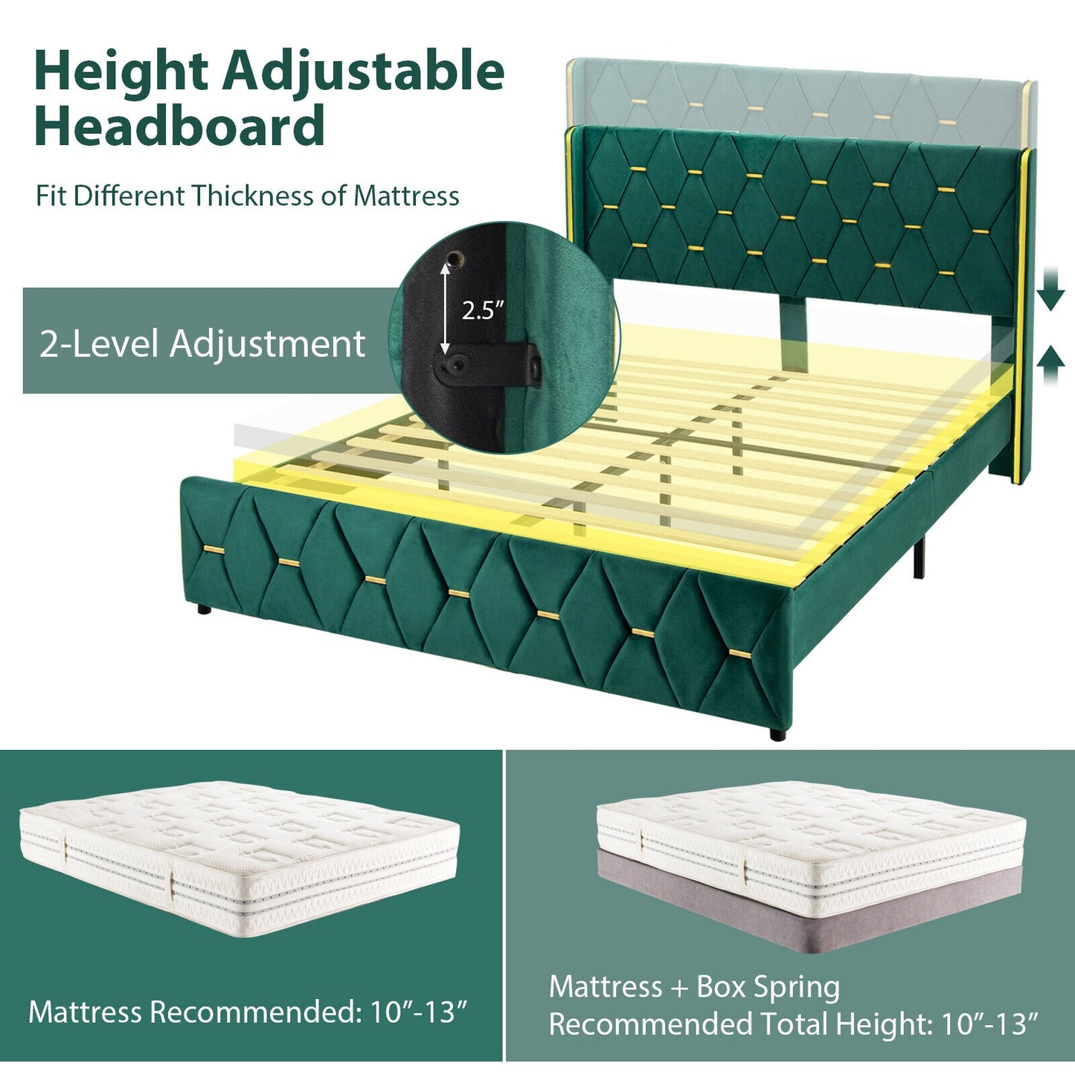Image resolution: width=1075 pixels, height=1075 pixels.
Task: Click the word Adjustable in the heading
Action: pyautogui.click(x=364, y=73)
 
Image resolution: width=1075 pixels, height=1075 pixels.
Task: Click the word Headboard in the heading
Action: pyautogui.click(x=179, y=126)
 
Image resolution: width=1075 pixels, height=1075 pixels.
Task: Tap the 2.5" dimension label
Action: pyautogui.click(x=483, y=309)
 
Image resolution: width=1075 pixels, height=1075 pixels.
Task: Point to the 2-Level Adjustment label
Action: pyautogui.click(x=202, y=344)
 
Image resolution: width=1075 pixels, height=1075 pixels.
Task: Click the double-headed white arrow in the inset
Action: pyautogui.click(x=446, y=309)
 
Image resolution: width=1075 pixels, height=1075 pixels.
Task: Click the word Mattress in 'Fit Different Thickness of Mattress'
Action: pyautogui.click(x=406, y=196)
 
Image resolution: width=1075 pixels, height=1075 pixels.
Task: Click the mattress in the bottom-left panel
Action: pyautogui.click(x=238, y=856)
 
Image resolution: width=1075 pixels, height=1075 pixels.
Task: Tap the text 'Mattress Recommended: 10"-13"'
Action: pyautogui.click(x=248, y=1012)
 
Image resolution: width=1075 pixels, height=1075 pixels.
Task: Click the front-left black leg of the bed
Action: pyautogui.click(x=202, y=610)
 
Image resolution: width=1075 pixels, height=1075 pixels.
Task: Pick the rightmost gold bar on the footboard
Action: pyautogui.click(x=741, y=653)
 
